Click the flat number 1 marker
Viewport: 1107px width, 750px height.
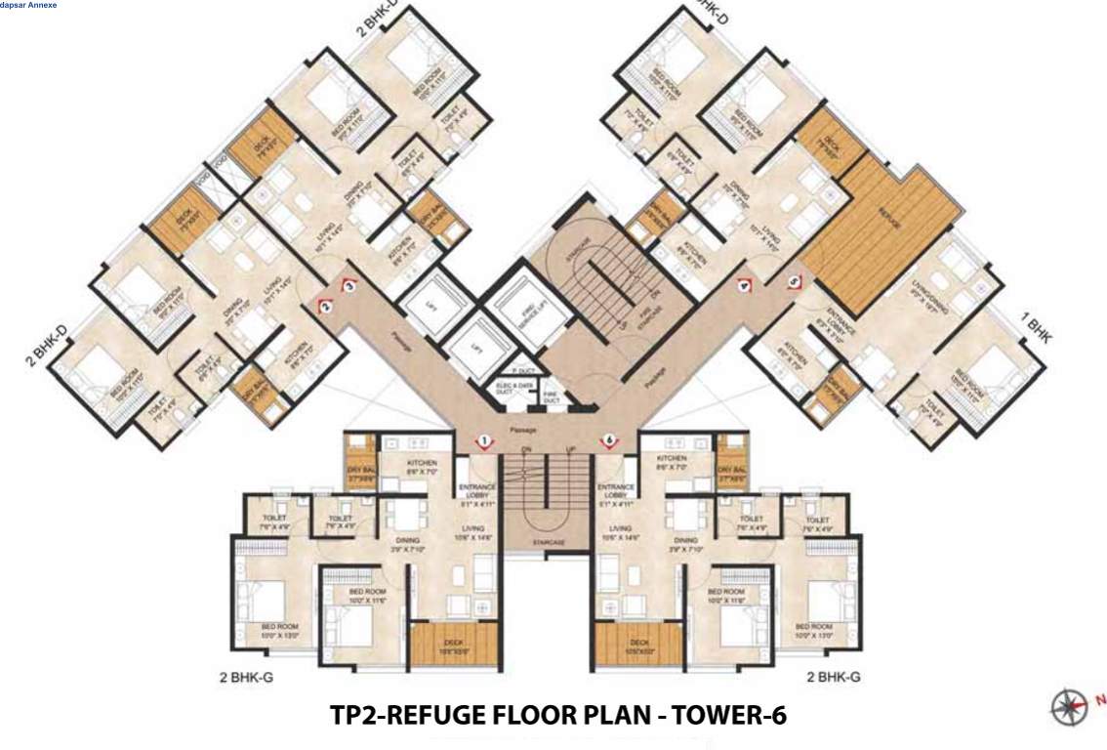[484, 442]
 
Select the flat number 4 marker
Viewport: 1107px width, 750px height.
[746, 287]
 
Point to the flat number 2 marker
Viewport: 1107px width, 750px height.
[324, 307]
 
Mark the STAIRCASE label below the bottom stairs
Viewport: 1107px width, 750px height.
[548, 540]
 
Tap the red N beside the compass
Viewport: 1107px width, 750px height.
[1101, 699]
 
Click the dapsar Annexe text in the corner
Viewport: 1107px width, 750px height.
[28, 6]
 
